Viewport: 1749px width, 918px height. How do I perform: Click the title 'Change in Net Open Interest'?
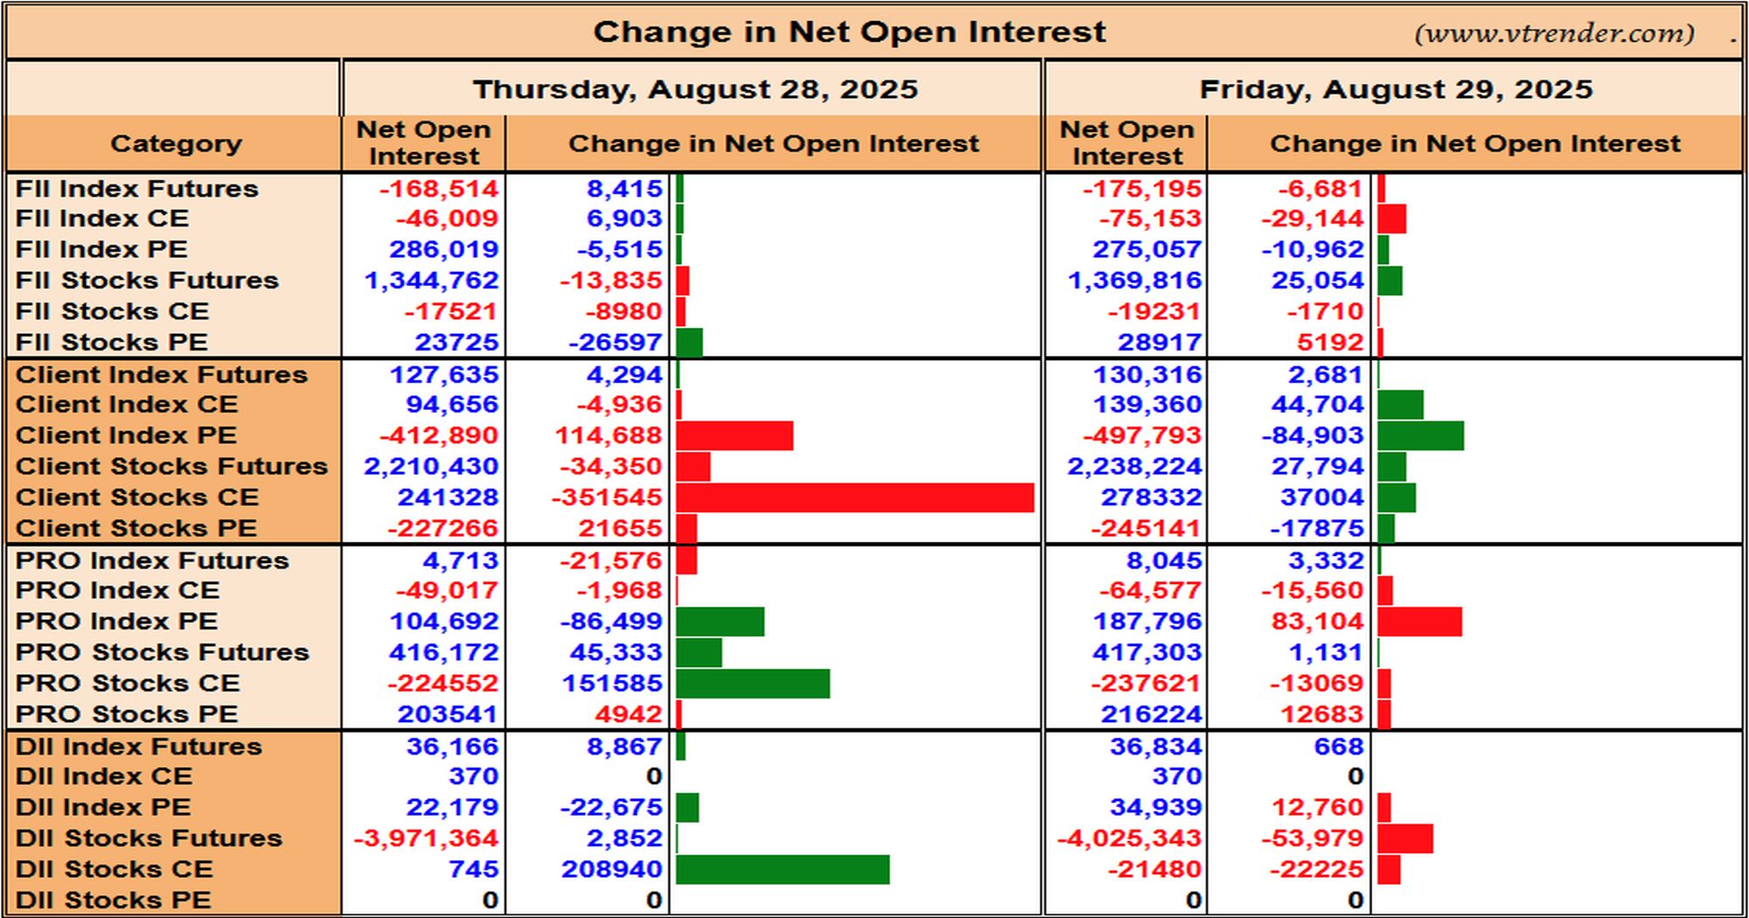(849, 32)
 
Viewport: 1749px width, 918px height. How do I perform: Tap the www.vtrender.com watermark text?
(1554, 33)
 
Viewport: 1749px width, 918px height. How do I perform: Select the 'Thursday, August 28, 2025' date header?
(695, 89)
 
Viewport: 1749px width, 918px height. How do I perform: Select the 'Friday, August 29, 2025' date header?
(1396, 89)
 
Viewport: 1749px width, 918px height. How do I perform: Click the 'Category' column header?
(176, 143)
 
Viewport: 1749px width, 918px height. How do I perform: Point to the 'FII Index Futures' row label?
(137, 189)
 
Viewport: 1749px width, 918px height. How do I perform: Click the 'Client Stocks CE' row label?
(137, 497)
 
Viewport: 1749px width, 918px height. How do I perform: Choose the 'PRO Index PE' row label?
(116, 622)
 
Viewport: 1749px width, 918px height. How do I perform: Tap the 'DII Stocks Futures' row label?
(149, 838)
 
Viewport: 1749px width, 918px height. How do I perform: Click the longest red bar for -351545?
(855, 497)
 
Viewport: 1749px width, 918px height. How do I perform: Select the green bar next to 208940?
(783, 870)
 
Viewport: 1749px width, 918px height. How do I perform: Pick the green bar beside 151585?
(753, 684)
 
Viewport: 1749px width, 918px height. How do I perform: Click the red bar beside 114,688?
(735, 435)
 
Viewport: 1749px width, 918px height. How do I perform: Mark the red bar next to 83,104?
(1419, 622)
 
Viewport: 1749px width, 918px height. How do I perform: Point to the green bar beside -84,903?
(1420, 435)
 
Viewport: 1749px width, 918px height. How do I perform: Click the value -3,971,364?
(426, 838)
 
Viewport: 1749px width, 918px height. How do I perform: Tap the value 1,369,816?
(1135, 281)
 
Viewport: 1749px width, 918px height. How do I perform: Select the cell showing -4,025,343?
(1129, 838)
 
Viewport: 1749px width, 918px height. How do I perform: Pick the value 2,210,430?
(431, 467)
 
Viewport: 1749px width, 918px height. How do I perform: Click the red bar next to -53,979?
(1405, 838)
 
